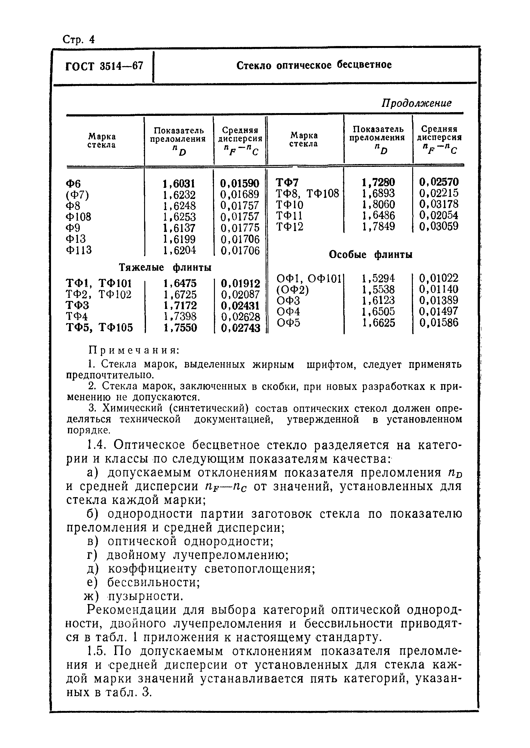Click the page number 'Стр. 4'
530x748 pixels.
[x=78, y=40]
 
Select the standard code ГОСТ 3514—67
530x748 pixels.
[x=104, y=66]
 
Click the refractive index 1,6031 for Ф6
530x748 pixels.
[x=179, y=184]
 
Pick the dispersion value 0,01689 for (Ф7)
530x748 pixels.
[x=240, y=195]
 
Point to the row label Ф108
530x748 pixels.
[x=79, y=217]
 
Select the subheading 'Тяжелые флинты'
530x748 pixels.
[x=165, y=267]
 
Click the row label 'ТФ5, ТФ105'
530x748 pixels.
[x=100, y=328]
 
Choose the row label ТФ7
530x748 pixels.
[x=287, y=182]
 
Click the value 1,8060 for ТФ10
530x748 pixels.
[x=378, y=205]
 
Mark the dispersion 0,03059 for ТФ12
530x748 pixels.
[x=438, y=226]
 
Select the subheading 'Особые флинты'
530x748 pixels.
[x=370, y=254]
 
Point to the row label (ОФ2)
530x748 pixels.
[x=293, y=289]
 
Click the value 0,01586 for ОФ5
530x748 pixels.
[x=438, y=323]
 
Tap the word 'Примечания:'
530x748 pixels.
[x=134, y=351]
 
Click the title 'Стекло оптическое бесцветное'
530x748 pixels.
[x=314, y=65]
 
